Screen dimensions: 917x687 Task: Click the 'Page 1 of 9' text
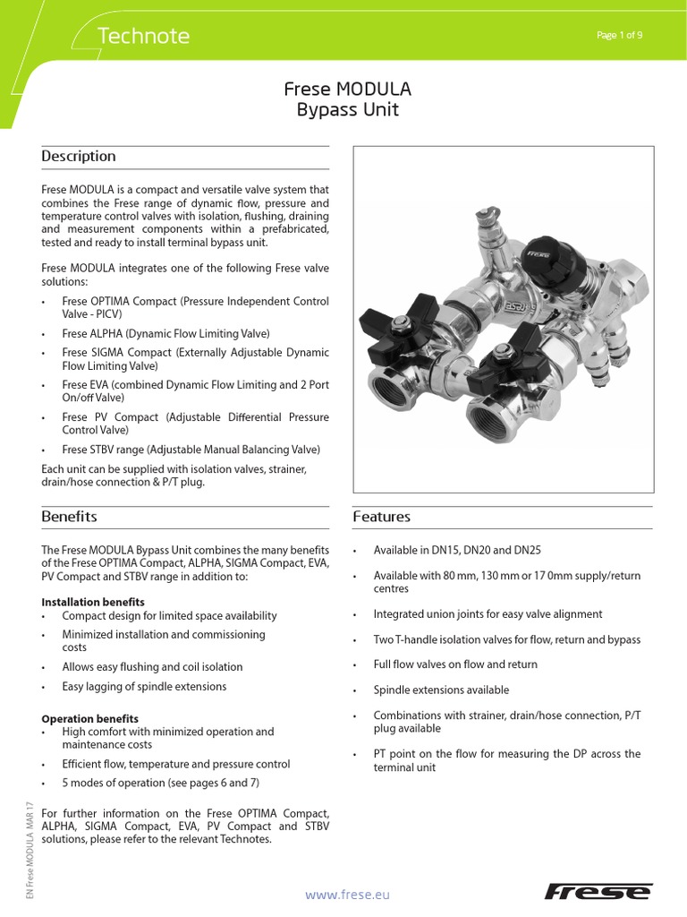619,35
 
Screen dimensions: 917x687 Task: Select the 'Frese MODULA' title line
347,90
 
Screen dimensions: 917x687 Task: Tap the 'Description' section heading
79,157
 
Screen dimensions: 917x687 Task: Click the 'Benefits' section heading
69,517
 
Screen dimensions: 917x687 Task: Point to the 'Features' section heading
382,517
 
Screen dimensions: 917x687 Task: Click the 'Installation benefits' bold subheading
93,602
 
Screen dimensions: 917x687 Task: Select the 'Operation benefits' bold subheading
89,718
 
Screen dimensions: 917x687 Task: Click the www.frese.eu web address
348,894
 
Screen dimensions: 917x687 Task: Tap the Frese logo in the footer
598,892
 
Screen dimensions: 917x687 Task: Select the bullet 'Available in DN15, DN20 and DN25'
470,550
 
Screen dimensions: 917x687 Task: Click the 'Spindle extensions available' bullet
441,690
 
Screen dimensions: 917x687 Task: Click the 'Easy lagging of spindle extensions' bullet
144,686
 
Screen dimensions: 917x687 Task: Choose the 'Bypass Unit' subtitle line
347,111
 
